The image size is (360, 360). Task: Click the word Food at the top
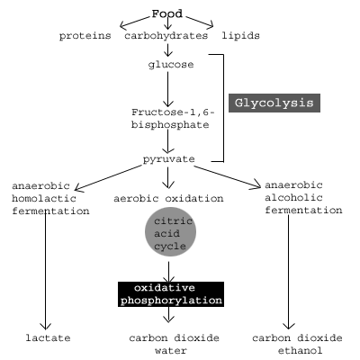(167, 13)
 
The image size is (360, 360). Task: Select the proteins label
(85, 36)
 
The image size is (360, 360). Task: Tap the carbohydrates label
(166, 36)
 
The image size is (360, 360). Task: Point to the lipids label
(240, 36)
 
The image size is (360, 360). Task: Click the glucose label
(171, 65)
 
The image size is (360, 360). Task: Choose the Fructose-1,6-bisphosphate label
(173, 119)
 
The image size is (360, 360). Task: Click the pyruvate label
(169, 159)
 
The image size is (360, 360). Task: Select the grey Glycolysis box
(274, 103)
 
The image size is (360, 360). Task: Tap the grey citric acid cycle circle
(170, 231)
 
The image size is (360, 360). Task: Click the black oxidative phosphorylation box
(171, 294)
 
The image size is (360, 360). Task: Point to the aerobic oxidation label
(168, 199)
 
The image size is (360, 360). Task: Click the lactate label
(48, 338)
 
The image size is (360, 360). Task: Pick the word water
(171, 350)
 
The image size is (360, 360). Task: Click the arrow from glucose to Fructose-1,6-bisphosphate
(167, 89)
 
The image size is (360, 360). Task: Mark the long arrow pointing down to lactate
(46, 270)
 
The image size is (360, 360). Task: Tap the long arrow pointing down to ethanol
(289, 272)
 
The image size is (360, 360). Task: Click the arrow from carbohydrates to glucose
(167, 49)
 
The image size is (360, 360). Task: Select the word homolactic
(44, 198)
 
